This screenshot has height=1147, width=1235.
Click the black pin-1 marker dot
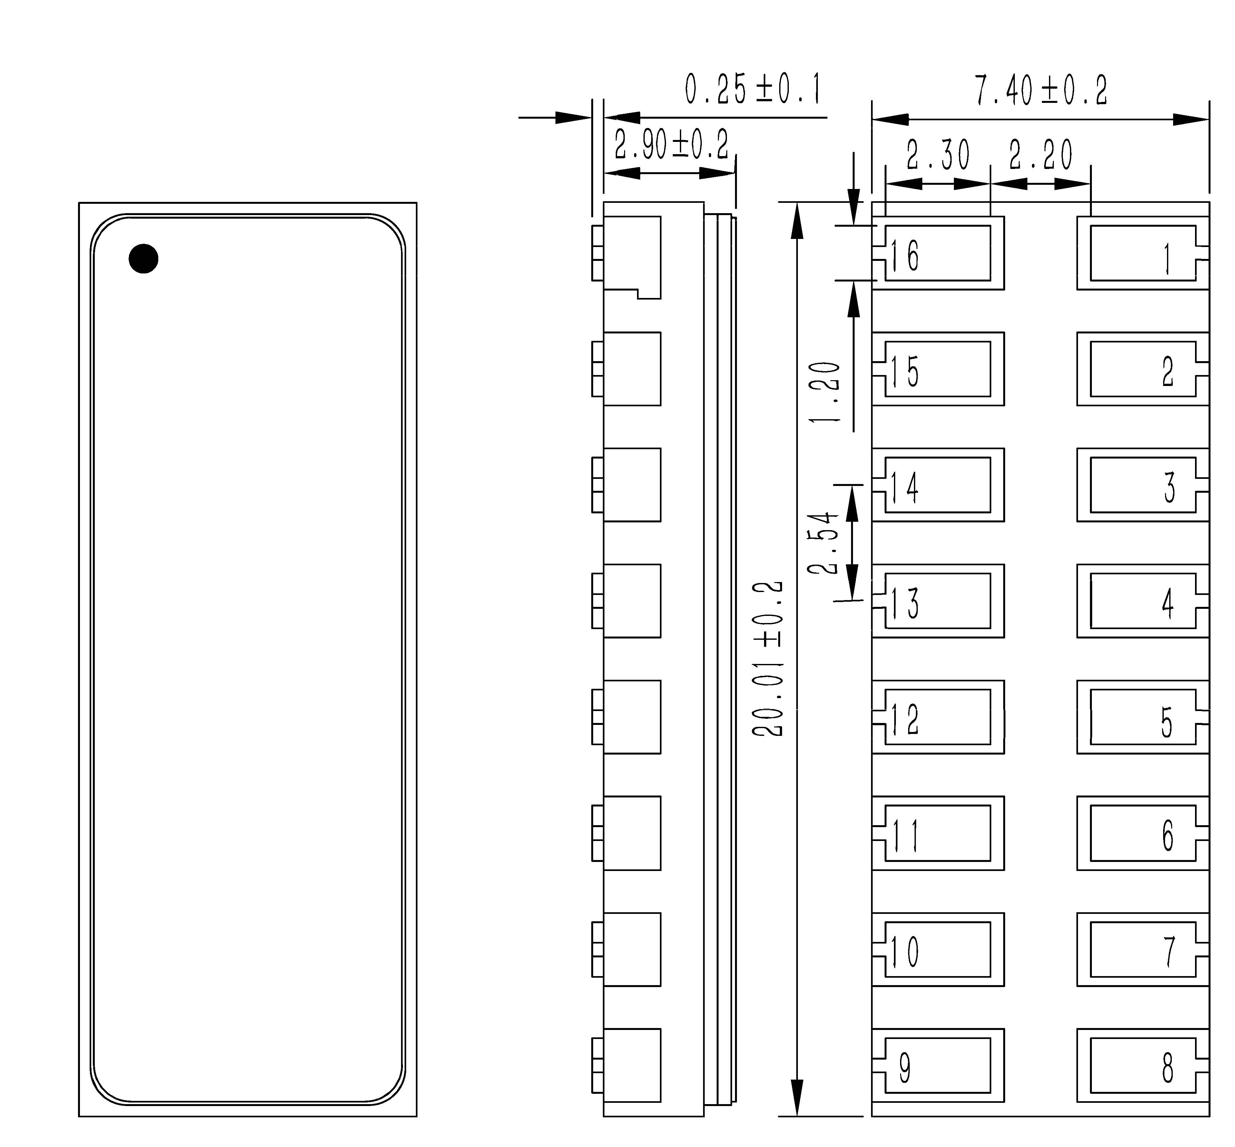143,258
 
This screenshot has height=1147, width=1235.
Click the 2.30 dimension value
938,155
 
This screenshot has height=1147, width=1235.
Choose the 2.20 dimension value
1041,155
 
